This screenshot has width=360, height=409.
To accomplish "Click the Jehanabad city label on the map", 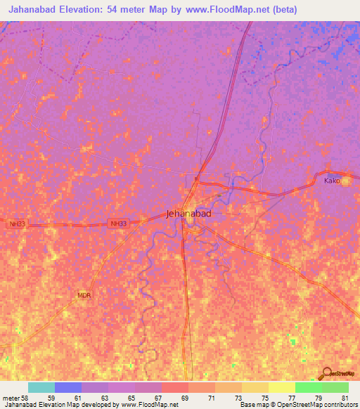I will pyautogui.click(x=188, y=214).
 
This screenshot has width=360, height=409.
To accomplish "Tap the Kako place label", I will pyautogui.click(x=332, y=181).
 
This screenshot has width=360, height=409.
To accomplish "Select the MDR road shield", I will pyautogui.click(x=84, y=296).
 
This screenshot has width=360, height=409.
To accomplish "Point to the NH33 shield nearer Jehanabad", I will pyautogui.click(x=118, y=223).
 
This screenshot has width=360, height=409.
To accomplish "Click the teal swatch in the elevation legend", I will pyautogui.click(x=41, y=387).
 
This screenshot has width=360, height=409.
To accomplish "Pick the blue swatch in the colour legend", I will pyautogui.click(x=68, y=387).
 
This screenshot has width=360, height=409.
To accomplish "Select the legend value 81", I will pyautogui.click(x=345, y=398).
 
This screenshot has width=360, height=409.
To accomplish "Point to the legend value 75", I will pyautogui.click(x=265, y=398).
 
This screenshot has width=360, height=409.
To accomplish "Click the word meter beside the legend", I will pyautogui.click(x=11, y=398).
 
